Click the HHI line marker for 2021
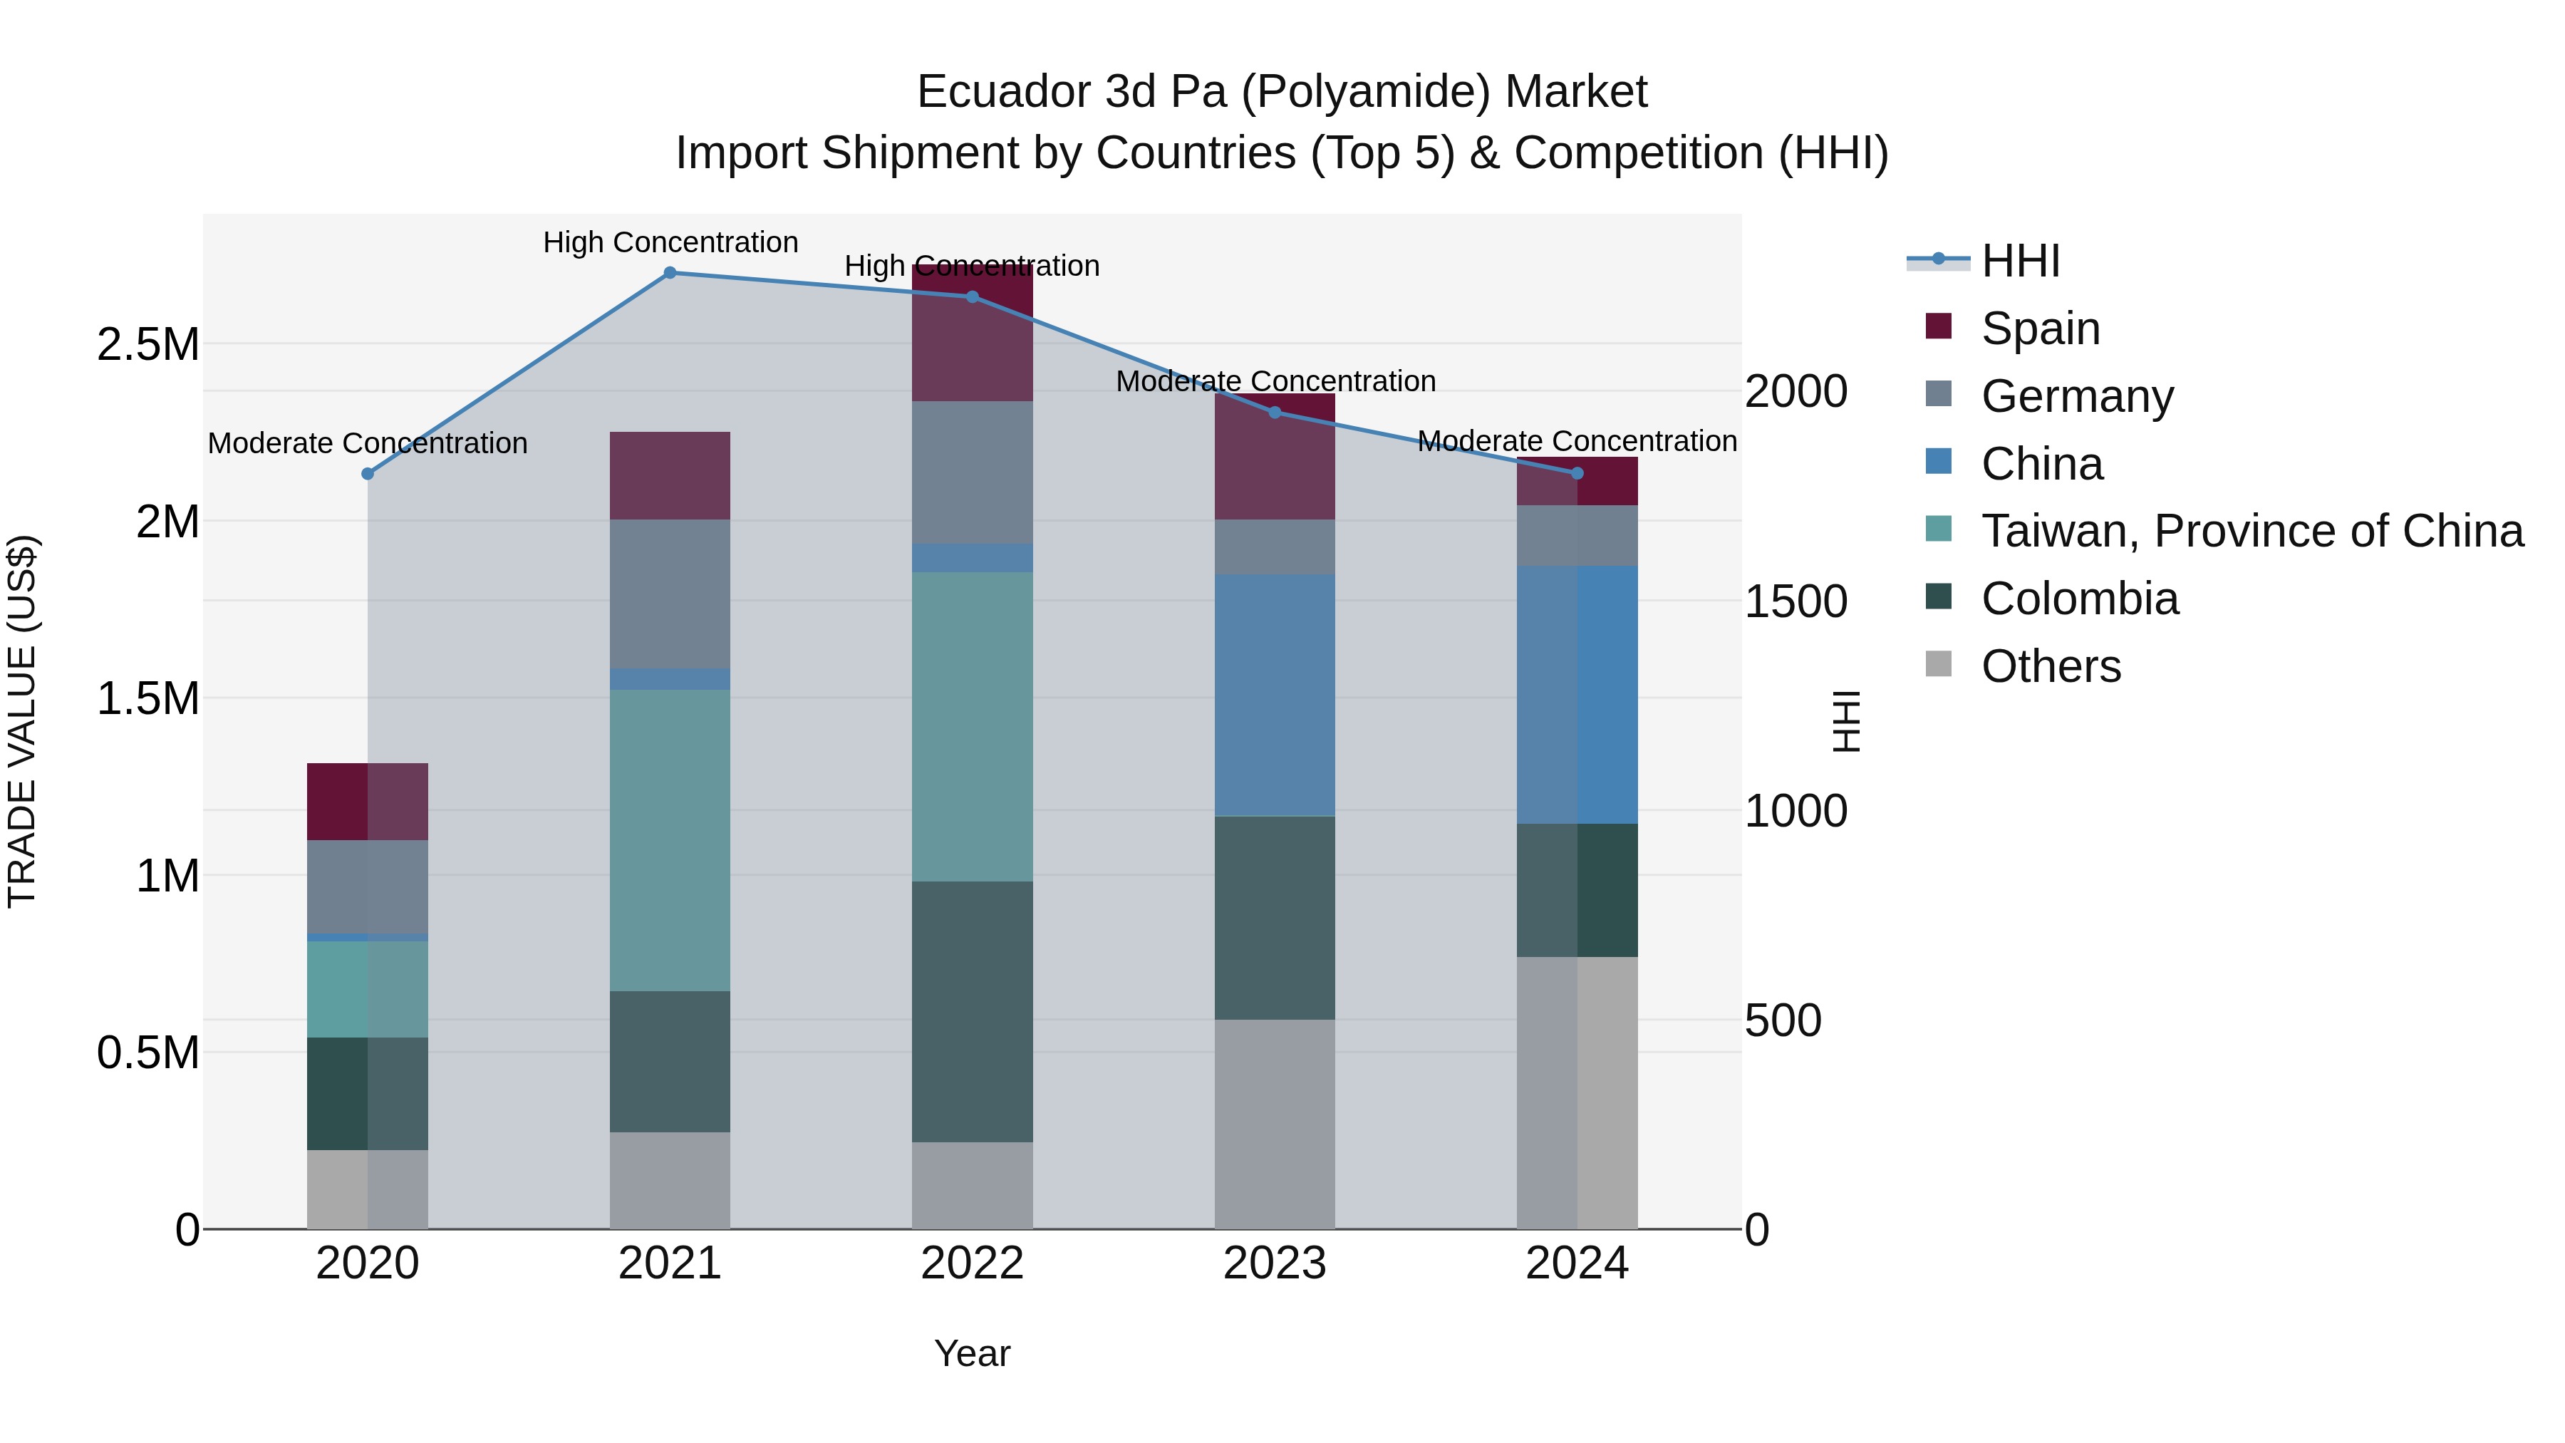coord(670,272)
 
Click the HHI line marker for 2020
coord(368,474)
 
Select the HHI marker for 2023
coord(1275,413)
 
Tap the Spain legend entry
coord(2041,329)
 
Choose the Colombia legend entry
coord(2079,599)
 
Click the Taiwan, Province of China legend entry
coord(2251,531)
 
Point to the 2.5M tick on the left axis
coord(148,345)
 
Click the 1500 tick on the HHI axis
coord(1795,601)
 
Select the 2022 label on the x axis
coord(972,1263)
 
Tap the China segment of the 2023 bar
coord(1275,695)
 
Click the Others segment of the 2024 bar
coord(1577,1092)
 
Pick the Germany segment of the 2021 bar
coord(670,594)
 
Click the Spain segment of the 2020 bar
coord(368,801)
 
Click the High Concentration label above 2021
coord(670,242)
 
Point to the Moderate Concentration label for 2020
coord(368,443)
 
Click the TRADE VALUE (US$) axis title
coord(22,721)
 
